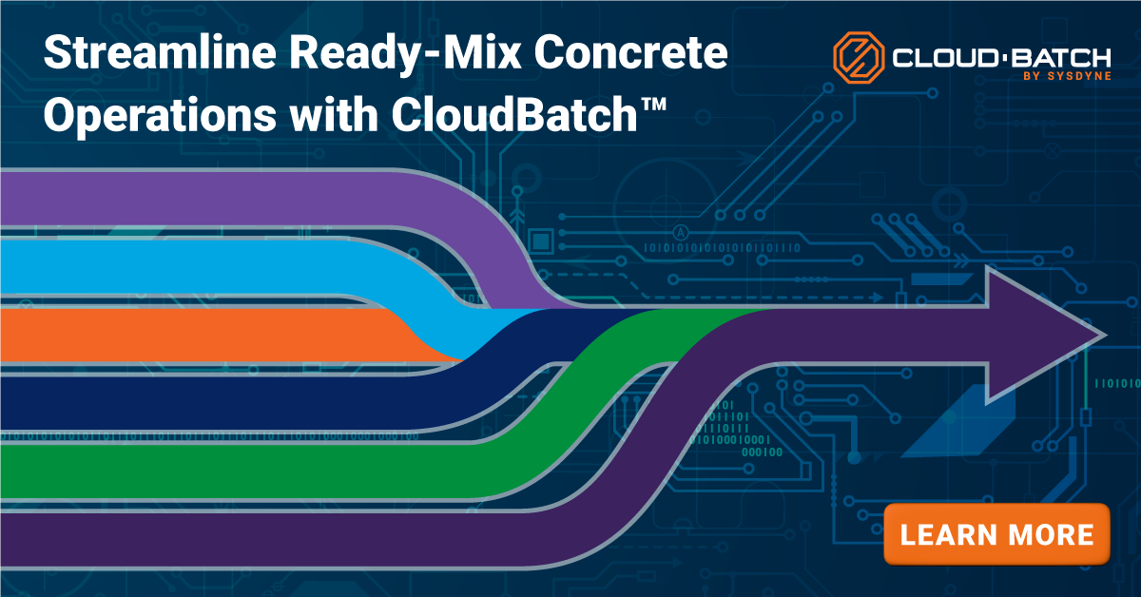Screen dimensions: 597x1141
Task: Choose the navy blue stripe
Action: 190,404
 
